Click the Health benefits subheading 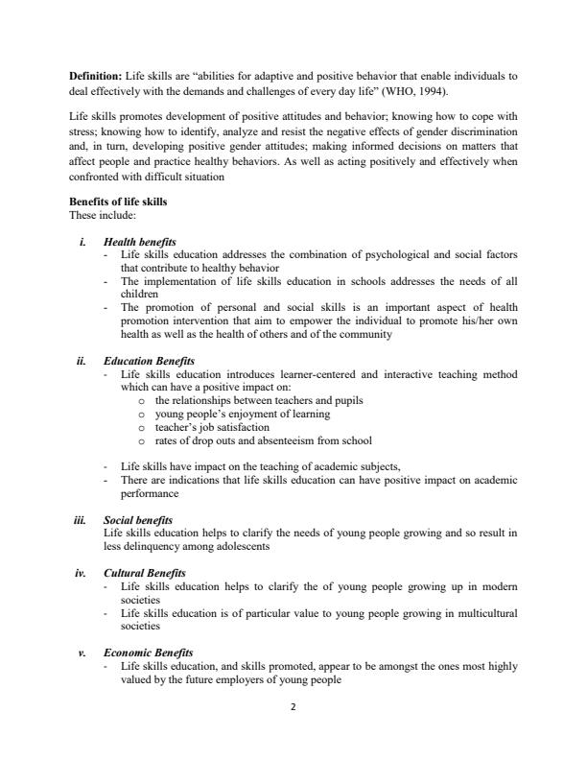click(139, 242)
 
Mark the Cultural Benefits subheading click(144, 573)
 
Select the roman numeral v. click(82, 653)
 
